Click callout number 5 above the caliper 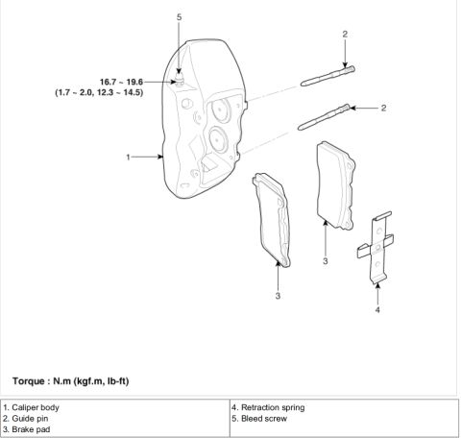pos(179,17)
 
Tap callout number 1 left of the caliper pos(128,157)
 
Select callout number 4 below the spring pos(377,309)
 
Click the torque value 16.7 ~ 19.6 pos(121,82)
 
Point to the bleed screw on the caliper pos(180,79)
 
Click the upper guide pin pos(328,76)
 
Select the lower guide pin pos(324,117)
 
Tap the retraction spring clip pos(376,247)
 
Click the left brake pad pos(272,220)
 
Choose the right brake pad pos(336,185)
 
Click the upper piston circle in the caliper pos(221,109)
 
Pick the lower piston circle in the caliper pos(218,139)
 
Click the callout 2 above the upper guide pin pos(345,34)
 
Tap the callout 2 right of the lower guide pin pos(383,108)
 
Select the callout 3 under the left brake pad pos(278,296)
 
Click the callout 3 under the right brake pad pos(326,261)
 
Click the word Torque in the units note pos(29,381)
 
